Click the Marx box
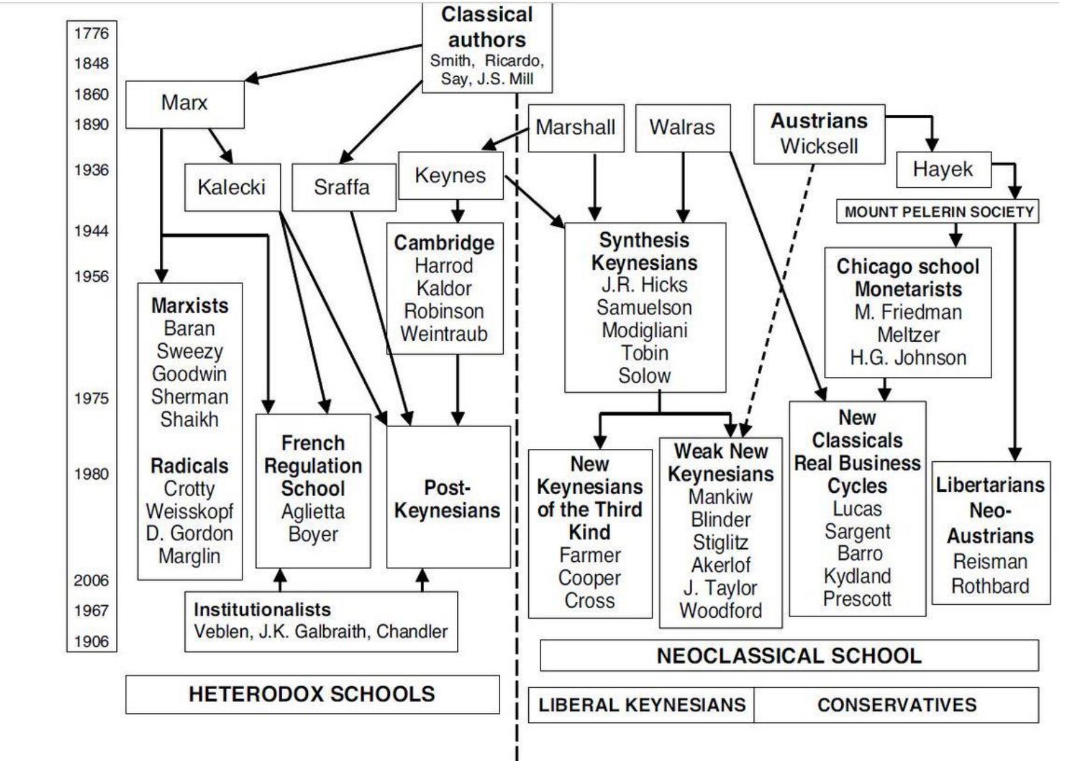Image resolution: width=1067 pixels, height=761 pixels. tap(185, 103)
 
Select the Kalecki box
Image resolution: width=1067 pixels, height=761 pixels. tap(232, 187)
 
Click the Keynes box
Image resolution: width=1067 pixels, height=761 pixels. tap(450, 175)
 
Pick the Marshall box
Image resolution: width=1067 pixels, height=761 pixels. tap(575, 127)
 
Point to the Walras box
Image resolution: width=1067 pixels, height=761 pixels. tap(682, 127)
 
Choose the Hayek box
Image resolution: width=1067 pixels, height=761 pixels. tap(943, 169)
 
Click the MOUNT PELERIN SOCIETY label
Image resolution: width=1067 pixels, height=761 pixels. tap(939, 212)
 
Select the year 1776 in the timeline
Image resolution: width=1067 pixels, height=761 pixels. tap(91, 33)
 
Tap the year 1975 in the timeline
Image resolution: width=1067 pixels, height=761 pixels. tap(91, 398)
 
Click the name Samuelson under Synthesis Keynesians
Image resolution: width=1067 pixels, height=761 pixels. tap(645, 308)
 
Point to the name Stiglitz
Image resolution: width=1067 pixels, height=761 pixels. tap(721, 543)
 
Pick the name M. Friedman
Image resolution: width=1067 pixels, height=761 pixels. tap(908, 312)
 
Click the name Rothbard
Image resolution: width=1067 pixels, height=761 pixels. tap(990, 586)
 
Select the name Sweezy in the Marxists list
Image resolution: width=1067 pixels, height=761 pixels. tap(190, 351)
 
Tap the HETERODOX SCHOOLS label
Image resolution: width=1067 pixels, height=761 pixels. tap(312, 694)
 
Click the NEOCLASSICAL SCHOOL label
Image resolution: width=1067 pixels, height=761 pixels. tap(789, 656)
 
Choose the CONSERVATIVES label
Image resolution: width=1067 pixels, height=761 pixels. tap(897, 705)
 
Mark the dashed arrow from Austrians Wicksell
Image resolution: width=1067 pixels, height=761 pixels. tap(778, 297)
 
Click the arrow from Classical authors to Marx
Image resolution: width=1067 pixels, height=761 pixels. tap(333, 62)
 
